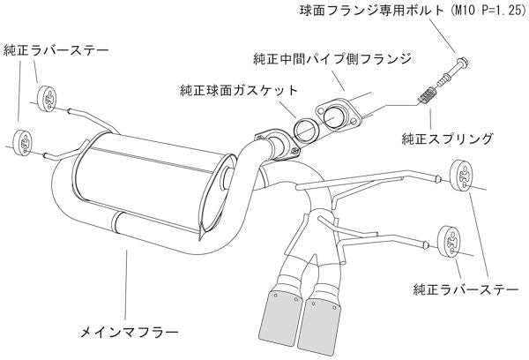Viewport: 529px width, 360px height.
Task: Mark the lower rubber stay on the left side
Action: click(x=26, y=140)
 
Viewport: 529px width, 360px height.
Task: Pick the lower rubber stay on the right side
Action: click(x=450, y=238)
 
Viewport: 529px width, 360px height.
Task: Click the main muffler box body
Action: click(x=150, y=181)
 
